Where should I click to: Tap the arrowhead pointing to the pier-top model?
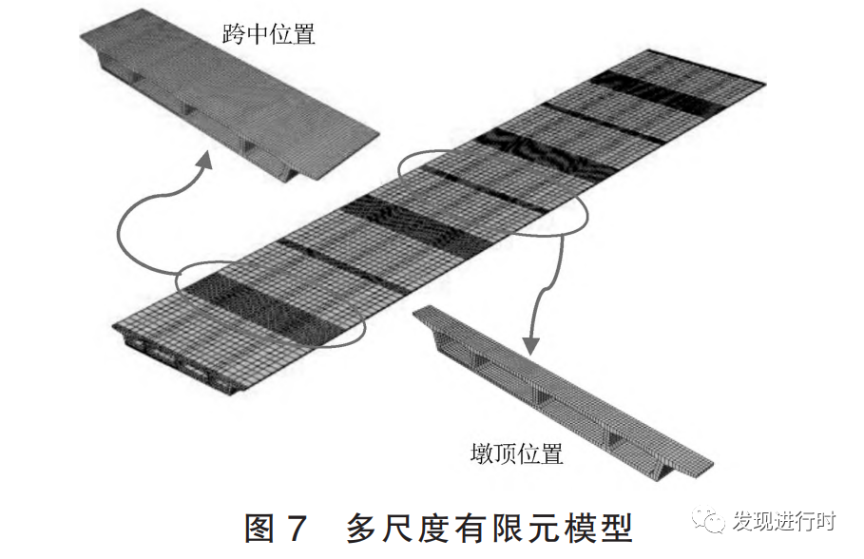529,344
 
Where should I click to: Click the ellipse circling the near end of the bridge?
271,304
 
